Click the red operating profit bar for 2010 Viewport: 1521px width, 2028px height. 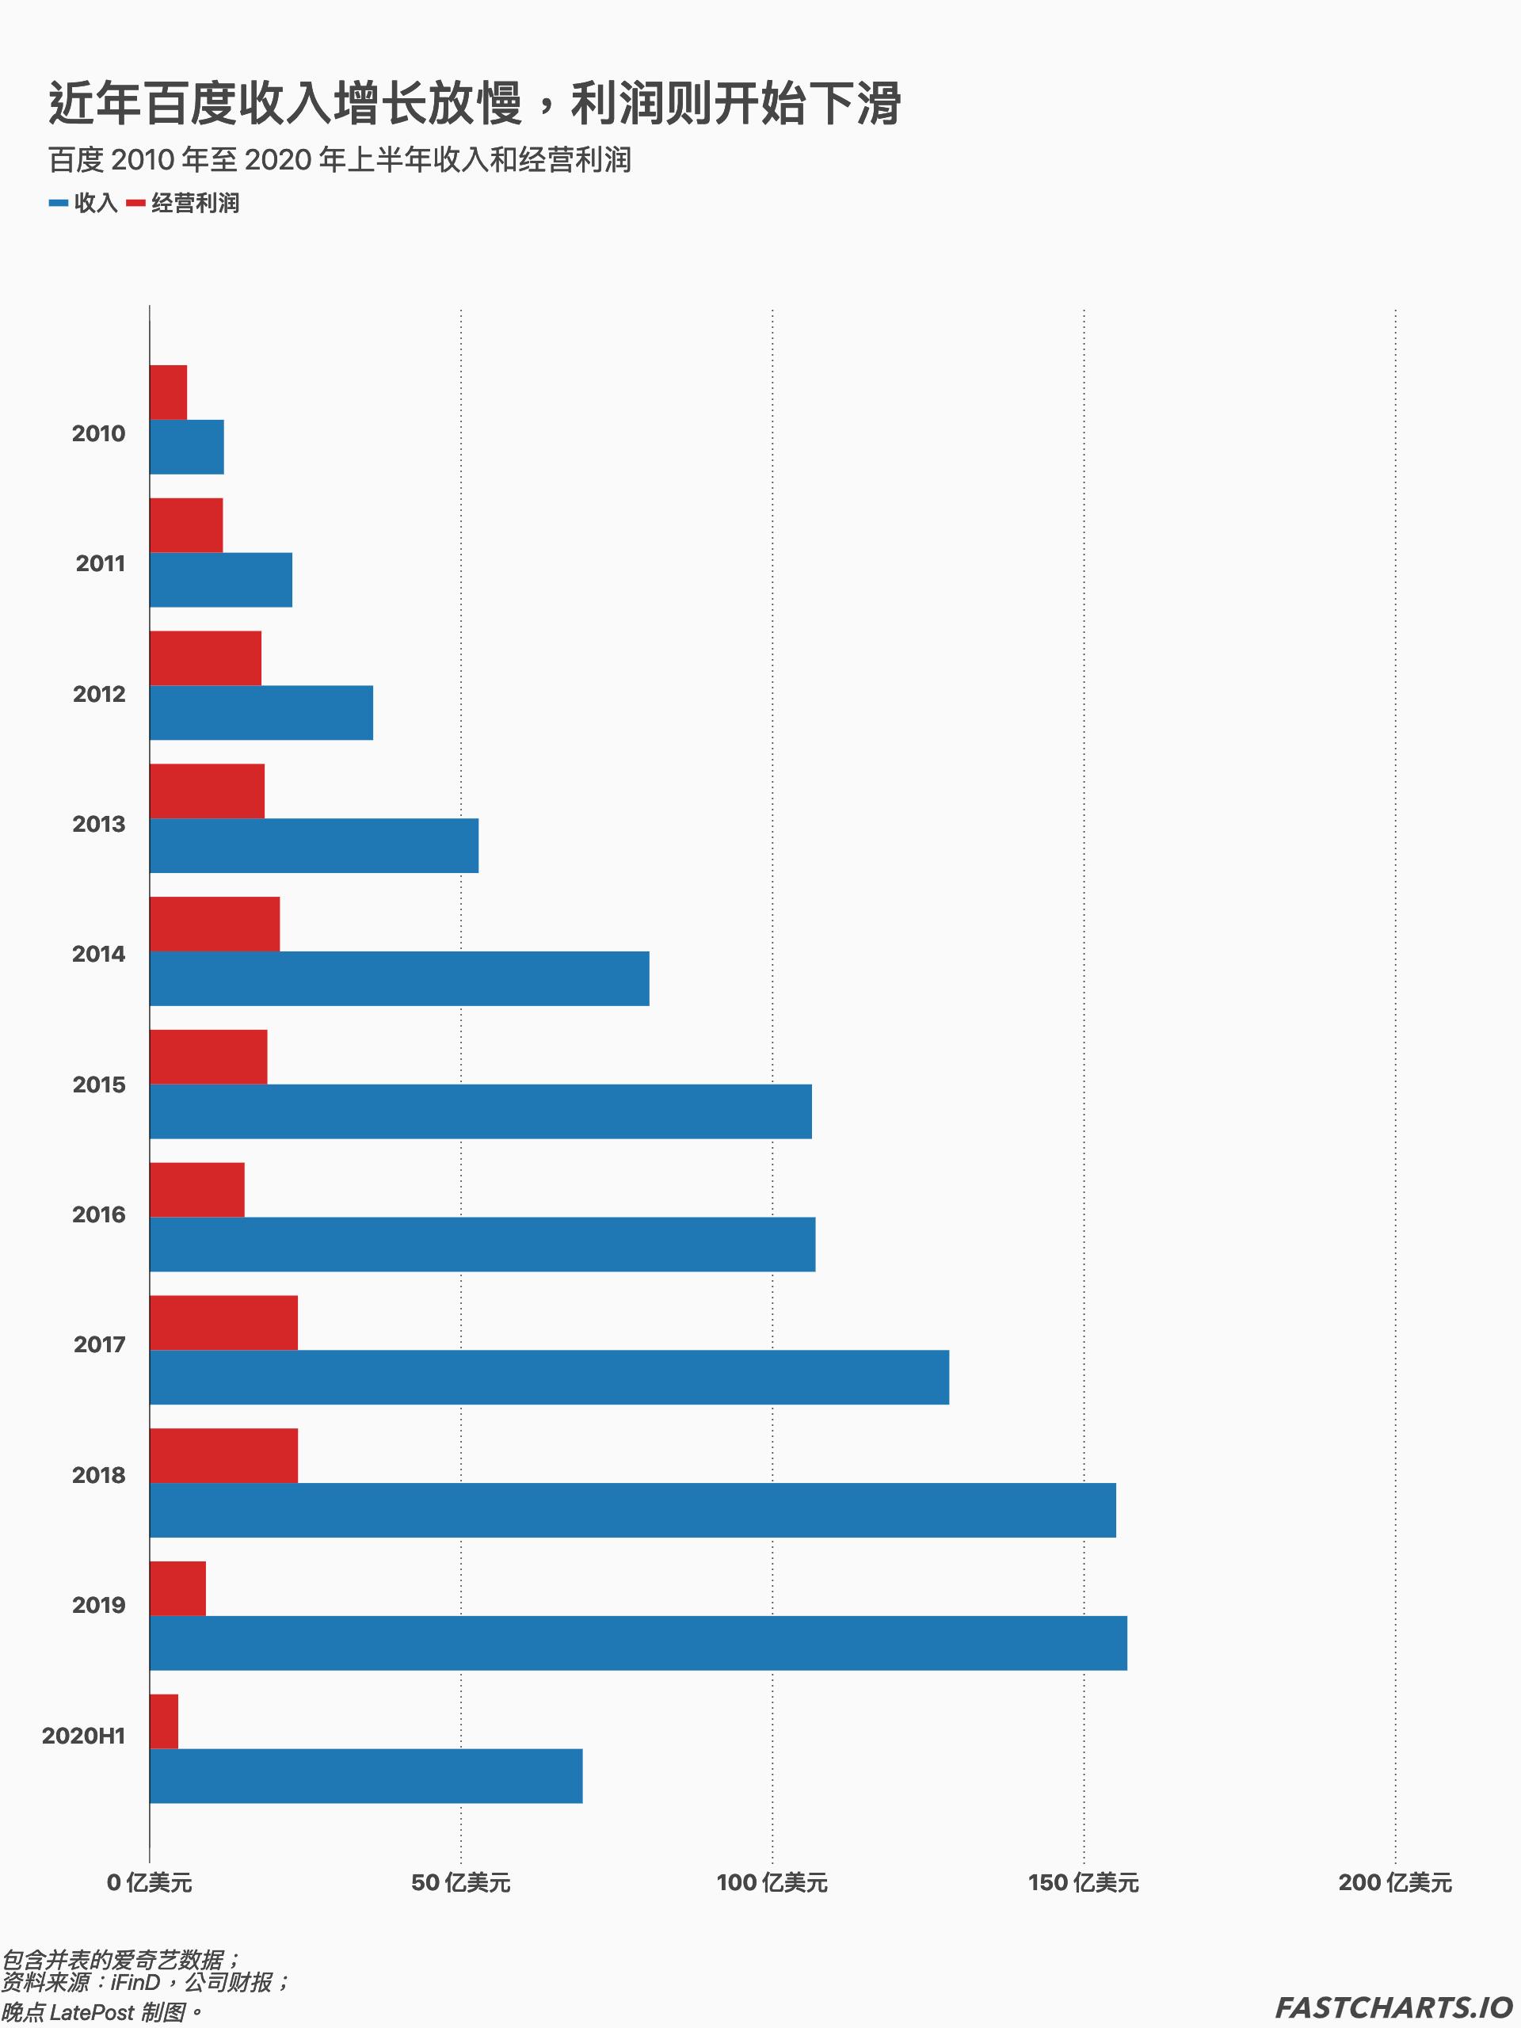click(x=169, y=392)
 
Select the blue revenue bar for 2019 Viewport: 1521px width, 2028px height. click(x=638, y=1643)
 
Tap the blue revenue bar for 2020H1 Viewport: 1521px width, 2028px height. click(x=366, y=1776)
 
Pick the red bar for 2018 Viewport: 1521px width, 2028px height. click(x=223, y=1455)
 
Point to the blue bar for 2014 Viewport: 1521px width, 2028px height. click(x=400, y=978)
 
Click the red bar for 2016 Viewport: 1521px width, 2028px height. click(x=197, y=1189)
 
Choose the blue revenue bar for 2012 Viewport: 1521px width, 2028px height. click(x=261, y=712)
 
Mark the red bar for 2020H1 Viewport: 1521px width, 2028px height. click(x=164, y=1721)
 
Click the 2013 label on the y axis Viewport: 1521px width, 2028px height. click(x=99, y=824)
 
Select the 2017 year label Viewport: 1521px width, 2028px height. click(x=99, y=1345)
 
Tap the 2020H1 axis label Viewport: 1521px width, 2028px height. click(x=83, y=1736)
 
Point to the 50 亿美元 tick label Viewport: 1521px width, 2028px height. click(x=460, y=1883)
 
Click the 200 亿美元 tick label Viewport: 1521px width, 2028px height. click(x=1394, y=1883)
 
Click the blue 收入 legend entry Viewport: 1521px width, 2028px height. click(x=84, y=203)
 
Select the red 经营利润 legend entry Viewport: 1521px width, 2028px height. click(x=183, y=203)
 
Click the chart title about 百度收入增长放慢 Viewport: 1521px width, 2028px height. click(x=475, y=103)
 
